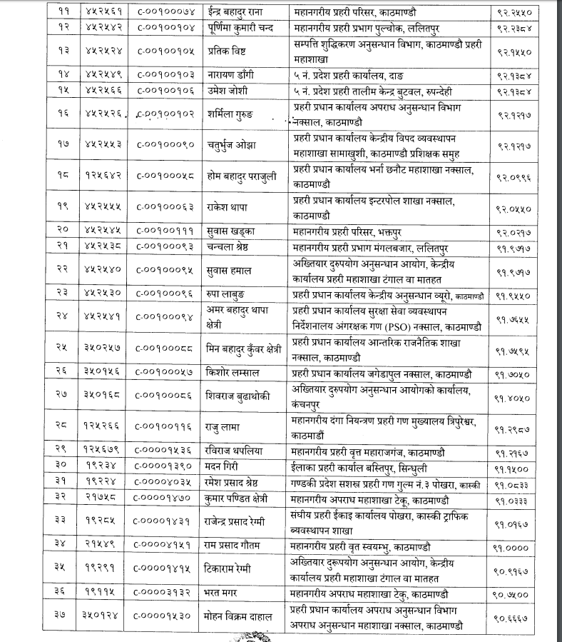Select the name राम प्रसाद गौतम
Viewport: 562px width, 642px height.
click(235, 545)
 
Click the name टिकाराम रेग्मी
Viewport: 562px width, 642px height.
click(232, 569)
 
